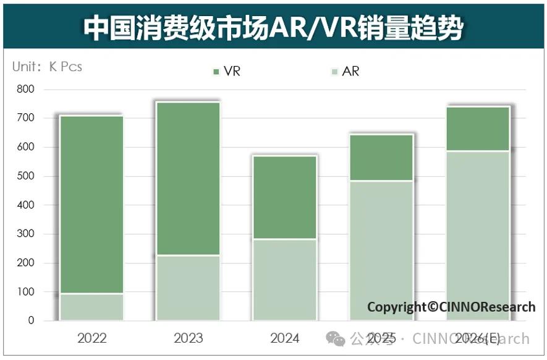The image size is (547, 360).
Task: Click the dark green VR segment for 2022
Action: (91, 205)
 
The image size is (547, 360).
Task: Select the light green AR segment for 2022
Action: (91, 307)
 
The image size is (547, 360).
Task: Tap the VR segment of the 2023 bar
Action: (188, 179)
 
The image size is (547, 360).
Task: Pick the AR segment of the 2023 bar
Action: (188, 288)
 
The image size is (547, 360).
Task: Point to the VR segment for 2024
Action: (284, 197)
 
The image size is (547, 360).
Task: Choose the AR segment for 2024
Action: (284, 280)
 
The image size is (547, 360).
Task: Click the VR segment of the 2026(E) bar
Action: (477, 129)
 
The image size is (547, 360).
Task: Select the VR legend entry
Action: (226, 71)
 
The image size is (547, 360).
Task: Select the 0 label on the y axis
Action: (31, 320)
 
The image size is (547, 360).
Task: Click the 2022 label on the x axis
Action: (91, 338)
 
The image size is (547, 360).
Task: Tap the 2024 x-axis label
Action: (284, 338)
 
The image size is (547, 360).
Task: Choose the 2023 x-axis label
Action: (188, 338)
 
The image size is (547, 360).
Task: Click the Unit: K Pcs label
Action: (47, 66)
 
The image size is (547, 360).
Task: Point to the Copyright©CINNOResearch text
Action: (451, 307)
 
